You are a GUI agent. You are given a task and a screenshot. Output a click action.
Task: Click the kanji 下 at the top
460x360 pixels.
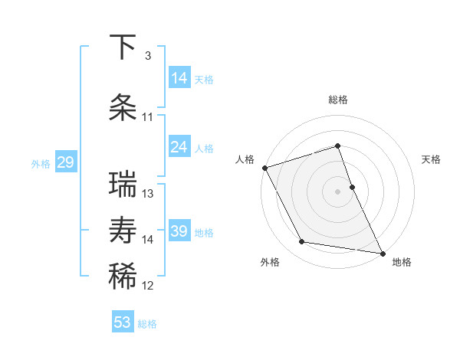(123, 48)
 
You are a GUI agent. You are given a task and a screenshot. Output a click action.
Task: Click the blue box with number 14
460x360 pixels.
(179, 78)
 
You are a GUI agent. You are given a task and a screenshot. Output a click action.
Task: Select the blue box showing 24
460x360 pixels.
(179, 147)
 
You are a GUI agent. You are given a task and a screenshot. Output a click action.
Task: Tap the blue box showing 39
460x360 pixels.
(179, 231)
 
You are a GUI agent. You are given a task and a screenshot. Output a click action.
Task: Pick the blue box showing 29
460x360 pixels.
(65, 162)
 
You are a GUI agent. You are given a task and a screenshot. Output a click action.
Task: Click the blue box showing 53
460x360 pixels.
(123, 322)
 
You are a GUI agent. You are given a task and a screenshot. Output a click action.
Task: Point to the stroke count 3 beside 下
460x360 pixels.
(147, 56)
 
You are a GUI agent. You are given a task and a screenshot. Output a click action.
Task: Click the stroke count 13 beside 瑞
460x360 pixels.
(148, 194)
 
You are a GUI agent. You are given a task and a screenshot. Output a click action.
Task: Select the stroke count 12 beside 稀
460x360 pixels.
(148, 286)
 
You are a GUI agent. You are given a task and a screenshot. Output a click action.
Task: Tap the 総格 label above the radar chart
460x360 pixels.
(337, 100)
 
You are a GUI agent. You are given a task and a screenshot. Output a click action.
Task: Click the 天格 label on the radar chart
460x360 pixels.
(432, 159)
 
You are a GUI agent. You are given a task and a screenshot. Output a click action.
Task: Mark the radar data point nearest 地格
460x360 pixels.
(382, 252)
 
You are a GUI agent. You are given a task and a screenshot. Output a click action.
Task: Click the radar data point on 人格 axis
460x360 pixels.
(264, 167)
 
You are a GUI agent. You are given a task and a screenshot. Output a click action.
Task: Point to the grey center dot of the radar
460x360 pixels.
(337, 191)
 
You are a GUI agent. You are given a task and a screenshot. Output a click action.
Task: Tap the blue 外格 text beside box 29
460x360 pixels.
(40, 163)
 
